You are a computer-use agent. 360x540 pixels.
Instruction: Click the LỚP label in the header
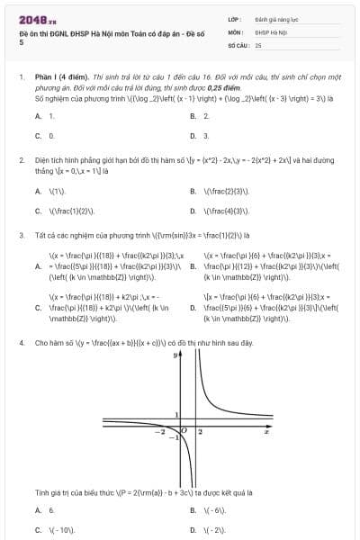pos(236,18)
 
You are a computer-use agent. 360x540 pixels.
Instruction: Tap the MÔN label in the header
pos(236,31)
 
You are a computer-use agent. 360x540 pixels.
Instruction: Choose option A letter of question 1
pos(38,116)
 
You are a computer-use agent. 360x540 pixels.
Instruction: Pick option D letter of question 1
pos(193,136)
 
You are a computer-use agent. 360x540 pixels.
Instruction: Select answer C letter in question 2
pos(38,211)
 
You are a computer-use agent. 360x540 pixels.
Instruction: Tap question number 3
pos(22,236)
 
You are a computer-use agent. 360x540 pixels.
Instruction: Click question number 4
pos(22,343)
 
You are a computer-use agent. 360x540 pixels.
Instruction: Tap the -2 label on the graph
pos(161,433)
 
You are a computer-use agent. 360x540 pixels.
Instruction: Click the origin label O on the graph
pos(184,433)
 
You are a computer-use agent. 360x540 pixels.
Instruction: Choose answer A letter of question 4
pos(38,509)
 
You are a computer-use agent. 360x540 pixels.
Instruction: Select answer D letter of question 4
pos(193,530)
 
